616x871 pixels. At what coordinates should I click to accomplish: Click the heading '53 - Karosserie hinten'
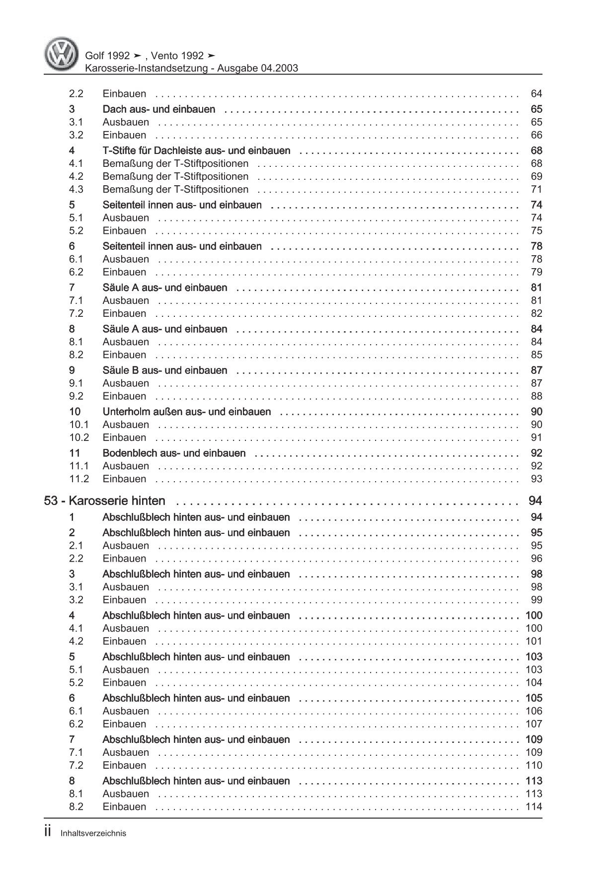(105, 501)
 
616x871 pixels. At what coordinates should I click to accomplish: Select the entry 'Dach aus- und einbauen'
(158, 109)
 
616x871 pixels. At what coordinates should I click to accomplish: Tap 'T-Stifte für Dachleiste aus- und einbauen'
(196, 150)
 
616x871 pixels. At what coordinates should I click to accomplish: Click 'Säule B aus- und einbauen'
(164, 370)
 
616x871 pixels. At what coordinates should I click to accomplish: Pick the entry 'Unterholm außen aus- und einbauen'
(186, 412)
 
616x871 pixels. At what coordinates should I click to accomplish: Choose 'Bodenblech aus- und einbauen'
(174, 453)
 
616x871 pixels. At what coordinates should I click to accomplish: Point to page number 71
(537, 189)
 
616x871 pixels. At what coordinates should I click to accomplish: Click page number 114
(534, 806)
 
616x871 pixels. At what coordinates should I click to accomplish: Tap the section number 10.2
(79, 437)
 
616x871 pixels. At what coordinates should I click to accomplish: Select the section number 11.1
(79, 466)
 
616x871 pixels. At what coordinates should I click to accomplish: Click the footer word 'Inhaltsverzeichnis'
(94, 833)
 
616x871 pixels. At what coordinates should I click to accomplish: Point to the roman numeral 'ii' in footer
(48, 832)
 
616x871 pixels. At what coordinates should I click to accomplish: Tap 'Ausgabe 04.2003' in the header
(257, 69)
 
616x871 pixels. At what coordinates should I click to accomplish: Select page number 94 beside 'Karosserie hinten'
(536, 501)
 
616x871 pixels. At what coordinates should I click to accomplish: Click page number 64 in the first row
(537, 93)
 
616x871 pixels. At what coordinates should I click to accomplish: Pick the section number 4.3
(76, 189)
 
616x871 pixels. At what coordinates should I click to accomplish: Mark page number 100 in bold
(534, 616)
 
